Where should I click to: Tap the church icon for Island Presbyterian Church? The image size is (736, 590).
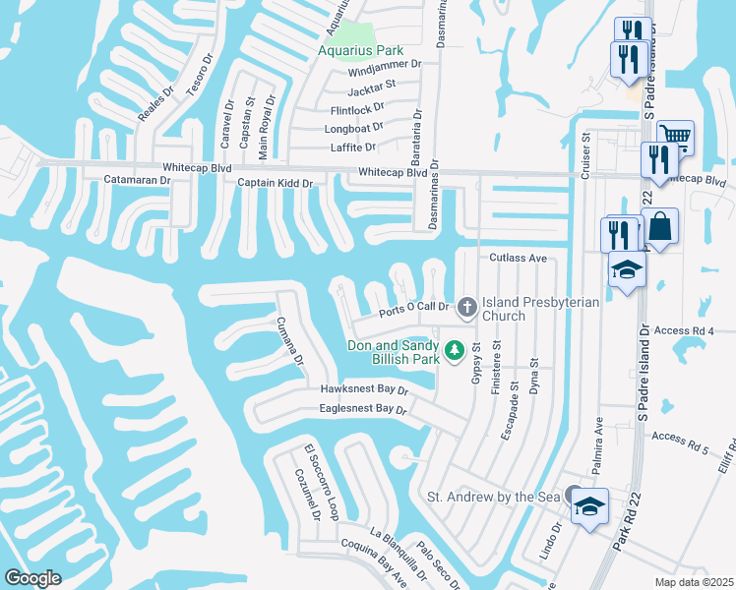point(466,308)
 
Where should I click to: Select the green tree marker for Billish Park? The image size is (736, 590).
point(454,349)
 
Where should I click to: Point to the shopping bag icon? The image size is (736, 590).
point(660,226)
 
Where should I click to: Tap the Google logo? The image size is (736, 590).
point(33,578)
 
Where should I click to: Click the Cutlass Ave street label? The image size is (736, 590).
point(518,258)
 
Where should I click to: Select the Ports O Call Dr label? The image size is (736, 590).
point(414,311)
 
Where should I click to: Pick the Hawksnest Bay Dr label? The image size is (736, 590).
point(363,390)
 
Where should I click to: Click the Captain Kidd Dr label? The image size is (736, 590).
point(275,183)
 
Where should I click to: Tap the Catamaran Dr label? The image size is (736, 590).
point(137,180)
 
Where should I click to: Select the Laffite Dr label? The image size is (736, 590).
point(351,147)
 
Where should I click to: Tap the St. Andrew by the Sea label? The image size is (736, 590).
point(493,497)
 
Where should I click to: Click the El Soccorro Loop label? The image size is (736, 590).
point(322,484)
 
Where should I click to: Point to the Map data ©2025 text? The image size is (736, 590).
point(693,582)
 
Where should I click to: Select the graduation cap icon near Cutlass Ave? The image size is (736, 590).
point(626,269)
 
